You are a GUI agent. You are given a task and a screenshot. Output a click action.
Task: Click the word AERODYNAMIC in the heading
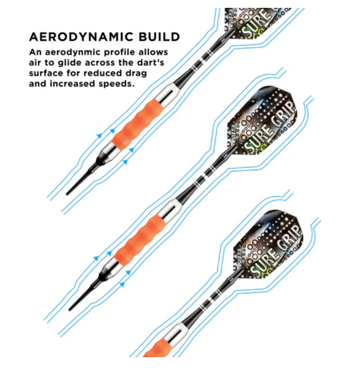pos(81,37)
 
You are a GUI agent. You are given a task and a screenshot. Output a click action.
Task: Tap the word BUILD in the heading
pos(159,37)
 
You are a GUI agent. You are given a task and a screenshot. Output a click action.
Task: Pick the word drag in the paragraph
pos(136,73)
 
